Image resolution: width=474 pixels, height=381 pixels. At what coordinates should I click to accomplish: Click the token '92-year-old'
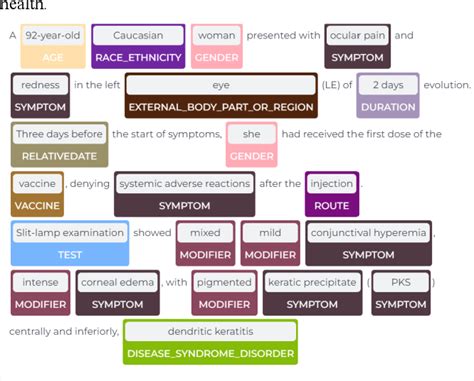(x=53, y=36)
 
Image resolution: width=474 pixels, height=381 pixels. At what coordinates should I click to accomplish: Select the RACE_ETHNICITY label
(x=139, y=57)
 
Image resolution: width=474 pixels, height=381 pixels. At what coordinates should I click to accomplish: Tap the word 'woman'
(x=216, y=36)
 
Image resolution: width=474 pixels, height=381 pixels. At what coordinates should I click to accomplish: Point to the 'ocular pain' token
(x=358, y=36)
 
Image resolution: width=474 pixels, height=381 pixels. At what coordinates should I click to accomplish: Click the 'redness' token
(x=41, y=85)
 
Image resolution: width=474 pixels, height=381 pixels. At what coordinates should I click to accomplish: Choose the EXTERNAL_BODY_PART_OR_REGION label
(x=221, y=106)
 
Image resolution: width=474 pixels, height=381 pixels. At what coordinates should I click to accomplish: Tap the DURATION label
(x=388, y=106)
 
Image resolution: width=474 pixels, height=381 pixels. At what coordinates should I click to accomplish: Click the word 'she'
(x=252, y=134)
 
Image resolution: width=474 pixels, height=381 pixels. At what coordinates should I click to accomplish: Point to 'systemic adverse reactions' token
(x=184, y=184)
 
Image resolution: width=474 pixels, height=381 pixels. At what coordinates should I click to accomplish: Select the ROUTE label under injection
(x=332, y=205)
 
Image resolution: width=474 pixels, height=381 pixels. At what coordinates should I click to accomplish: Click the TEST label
(x=70, y=254)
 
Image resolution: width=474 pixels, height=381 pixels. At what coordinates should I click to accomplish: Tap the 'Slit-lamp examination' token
(x=70, y=233)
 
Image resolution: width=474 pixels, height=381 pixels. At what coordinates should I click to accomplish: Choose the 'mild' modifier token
(x=270, y=233)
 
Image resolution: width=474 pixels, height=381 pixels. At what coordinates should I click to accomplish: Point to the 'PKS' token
(x=401, y=282)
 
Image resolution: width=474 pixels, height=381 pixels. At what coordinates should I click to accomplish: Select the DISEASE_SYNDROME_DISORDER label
(x=212, y=353)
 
